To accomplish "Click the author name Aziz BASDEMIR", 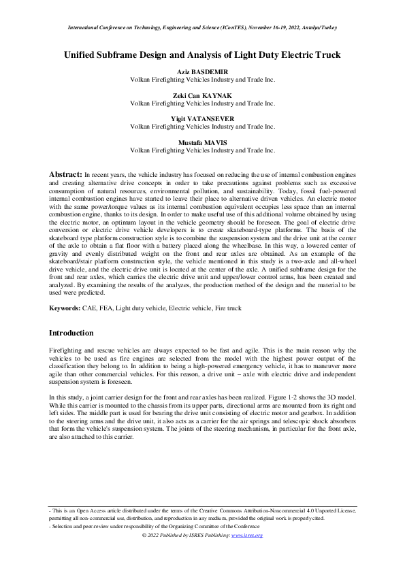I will tap(202, 71).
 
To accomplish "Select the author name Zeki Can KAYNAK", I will tap(202, 95).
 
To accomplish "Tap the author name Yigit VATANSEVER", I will tap(202, 118).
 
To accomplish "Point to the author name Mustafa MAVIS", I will tap(202, 142).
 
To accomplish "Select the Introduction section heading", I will tap(71, 333).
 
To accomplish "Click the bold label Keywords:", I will tap(65, 308).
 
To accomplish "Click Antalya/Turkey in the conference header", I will tap(317, 28).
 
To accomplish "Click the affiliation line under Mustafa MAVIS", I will tap(202, 150).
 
